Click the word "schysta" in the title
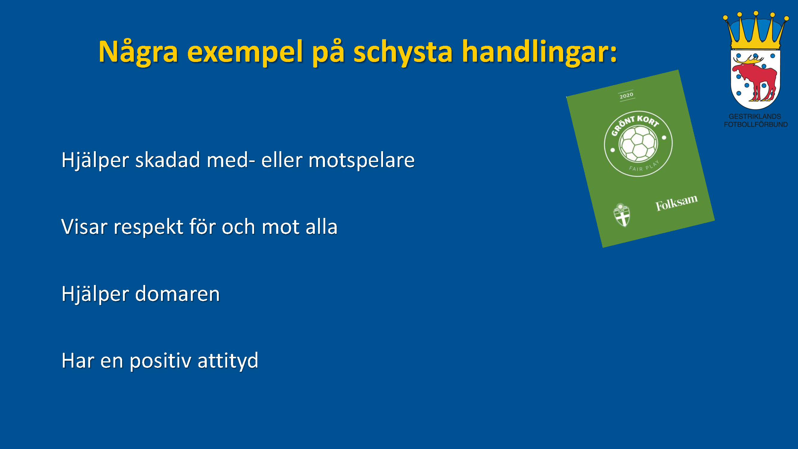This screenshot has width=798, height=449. coord(403,52)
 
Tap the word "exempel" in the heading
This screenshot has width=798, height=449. coord(245,52)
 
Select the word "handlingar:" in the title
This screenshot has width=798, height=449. coord(539,52)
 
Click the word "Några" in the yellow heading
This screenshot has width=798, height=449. coord(138,52)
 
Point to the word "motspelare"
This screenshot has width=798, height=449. coord(361,160)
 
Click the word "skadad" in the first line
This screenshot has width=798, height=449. coord(168,160)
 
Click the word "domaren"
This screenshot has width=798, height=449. coord(177,294)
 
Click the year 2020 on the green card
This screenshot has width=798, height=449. coord(626,95)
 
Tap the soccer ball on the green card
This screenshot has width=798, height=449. coord(638,144)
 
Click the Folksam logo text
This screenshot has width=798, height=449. coord(677,203)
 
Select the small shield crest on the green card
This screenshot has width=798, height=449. coord(622,215)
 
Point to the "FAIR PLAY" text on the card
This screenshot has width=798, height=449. coord(644,166)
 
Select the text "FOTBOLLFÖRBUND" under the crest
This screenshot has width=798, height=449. coord(756,124)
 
